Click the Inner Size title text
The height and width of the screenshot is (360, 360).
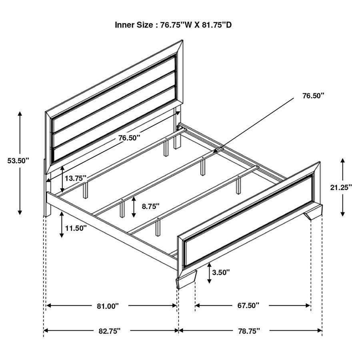click(x=173, y=25)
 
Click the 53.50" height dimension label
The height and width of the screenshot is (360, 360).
click(x=18, y=161)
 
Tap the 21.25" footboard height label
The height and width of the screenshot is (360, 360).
click(x=341, y=187)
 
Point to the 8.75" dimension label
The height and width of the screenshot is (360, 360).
click(x=150, y=206)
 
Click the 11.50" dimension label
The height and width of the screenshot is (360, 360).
click(x=76, y=228)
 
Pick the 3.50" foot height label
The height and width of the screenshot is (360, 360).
click(x=221, y=272)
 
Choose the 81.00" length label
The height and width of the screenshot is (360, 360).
click(x=108, y=306)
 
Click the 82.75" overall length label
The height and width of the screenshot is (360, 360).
click(x=109, y=331)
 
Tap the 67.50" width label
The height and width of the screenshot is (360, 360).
click(x=248, y=306)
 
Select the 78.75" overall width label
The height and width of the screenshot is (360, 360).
click(x=249, y=331)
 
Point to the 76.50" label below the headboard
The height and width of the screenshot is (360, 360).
click(x=129, y=138)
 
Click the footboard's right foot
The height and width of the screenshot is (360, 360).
click(x=315, y=212)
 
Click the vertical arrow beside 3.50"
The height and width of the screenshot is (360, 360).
click(x=209, y=273)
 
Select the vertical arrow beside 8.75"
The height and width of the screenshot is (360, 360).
click(x=134, y=206)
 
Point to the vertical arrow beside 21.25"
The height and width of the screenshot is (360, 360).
click(x=343, y=187)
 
